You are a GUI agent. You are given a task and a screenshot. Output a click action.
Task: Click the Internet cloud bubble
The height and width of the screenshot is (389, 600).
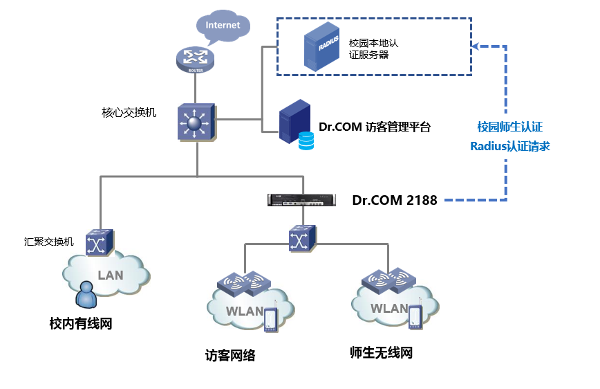tap(223, 26)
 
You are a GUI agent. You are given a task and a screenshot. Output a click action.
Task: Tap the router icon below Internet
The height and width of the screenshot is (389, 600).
tap(196, 59)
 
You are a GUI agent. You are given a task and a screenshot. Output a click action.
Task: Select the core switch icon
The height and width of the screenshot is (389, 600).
tap(196, 124)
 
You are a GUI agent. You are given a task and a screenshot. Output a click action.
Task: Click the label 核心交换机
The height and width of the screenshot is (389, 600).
tap(129, 112)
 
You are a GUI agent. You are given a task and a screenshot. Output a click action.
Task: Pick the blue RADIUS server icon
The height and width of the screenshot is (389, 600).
tap(324, 47)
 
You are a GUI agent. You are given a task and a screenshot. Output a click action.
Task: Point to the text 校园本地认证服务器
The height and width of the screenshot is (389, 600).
tap(373, 48)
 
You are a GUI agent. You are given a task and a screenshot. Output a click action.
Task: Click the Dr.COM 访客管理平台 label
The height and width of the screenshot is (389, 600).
tap(375, 127)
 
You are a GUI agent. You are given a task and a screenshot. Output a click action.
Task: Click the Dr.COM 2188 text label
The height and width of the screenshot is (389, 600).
tap(395, 201)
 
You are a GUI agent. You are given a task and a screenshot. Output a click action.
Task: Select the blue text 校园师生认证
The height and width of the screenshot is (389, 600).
tap(509, 127)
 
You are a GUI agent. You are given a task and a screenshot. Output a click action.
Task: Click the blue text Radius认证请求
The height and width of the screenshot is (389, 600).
tap(509, 146)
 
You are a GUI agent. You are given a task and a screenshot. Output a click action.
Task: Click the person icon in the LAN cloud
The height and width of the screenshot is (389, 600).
tap(86, 293)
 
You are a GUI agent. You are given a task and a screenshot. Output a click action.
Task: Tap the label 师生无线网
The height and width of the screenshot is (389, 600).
tap(381, 353)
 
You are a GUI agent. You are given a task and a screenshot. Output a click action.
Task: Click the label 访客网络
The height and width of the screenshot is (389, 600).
tap(230, 356)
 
